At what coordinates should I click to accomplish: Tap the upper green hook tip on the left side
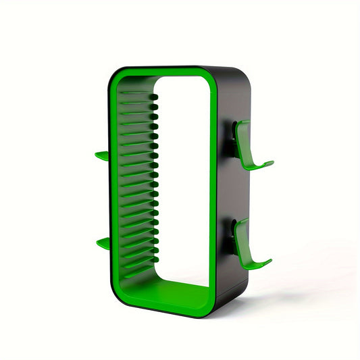101,155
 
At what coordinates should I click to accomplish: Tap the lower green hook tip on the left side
103,242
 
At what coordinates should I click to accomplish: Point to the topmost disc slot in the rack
138,95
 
